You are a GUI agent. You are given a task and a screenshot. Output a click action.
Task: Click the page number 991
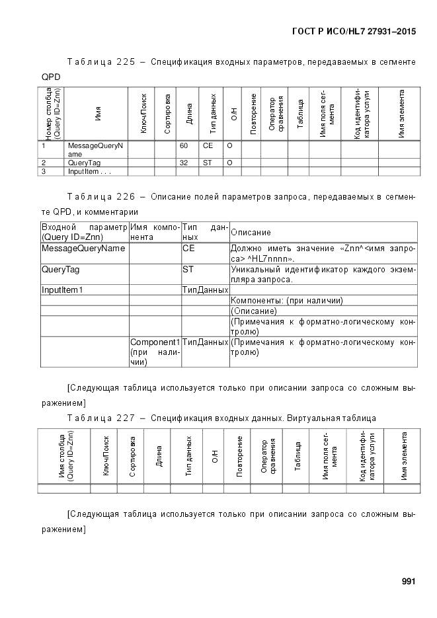click(x=408, y=582)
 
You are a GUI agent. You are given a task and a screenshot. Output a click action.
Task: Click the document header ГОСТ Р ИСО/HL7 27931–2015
click(x=354, y=31)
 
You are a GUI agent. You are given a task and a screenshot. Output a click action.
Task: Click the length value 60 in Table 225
click(x=184, y=145)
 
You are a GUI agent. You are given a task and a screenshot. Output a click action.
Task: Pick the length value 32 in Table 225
click(x=184, y=162)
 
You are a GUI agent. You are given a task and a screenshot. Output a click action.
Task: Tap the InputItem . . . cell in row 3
click(x=89, y=171)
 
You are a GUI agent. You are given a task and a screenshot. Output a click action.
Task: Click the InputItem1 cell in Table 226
click(x=63, y=290)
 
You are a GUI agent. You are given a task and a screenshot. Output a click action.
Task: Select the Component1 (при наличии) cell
click(x=155, y=352)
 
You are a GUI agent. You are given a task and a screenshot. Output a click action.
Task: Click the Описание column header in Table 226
click(x=251, y=233)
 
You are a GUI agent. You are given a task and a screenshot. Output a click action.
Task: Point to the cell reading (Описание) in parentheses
click(x=254, y=311)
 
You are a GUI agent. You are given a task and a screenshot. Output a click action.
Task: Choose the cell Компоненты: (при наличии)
click(x=286, y=300)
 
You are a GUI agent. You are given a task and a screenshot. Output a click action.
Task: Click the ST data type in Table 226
click(x=188, y=270)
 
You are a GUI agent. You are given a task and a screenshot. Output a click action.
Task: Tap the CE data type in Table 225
click(x=208, y=145)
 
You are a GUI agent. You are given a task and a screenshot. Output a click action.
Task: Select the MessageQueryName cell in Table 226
click(x=83, y=249)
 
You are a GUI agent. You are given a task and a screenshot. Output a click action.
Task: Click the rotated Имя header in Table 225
click(x=98, y=114)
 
